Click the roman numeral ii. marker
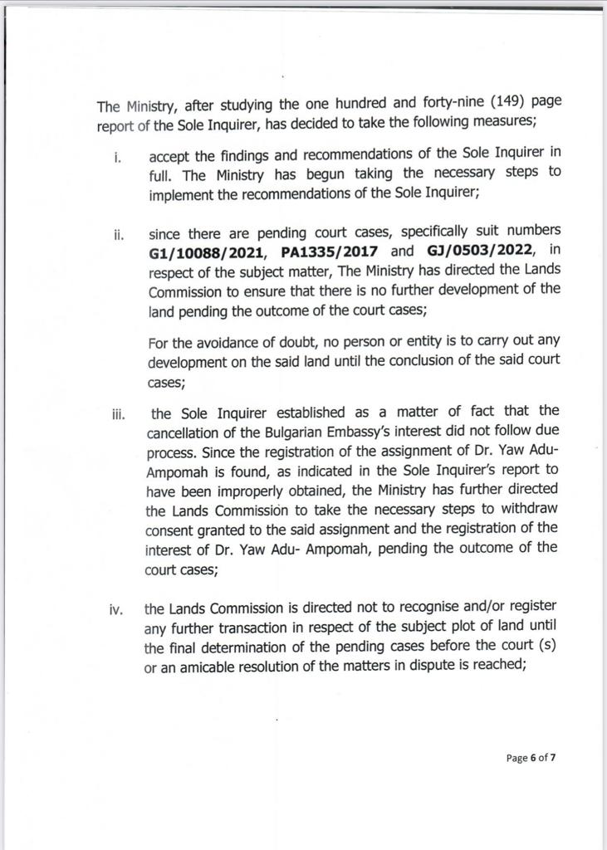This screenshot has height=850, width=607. click(119, 233)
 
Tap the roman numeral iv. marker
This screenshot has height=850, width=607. click(117, 611)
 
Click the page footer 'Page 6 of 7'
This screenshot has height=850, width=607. click(531, 757)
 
